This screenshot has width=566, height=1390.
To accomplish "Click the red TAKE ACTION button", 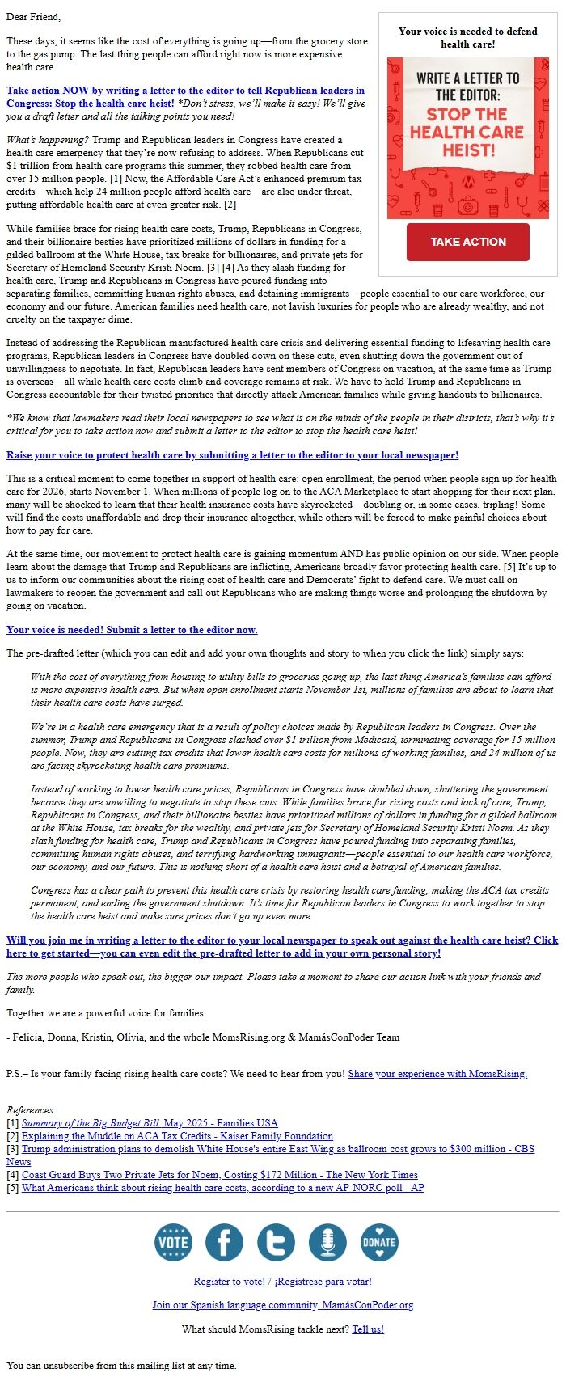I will click(x=467, y=242).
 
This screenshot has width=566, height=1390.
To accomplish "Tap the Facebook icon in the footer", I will click(x=224, y=1242).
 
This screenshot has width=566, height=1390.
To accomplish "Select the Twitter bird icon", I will click(x=276, y=1242).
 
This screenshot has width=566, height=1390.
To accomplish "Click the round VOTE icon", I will click(x=173, y=1242).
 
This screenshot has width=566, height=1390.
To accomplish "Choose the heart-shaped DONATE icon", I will click(x=379, y=1242).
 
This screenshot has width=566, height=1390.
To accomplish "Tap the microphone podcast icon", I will click(x=327, y=1242).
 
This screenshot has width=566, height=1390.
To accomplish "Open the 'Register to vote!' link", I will click(x=229, y=1282).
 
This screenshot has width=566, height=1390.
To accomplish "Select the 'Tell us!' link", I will click(x=368, y=1329).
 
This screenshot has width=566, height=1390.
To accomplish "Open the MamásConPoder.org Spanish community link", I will click(x=282, y=1304).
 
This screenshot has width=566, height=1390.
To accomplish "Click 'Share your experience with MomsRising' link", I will click(x=437, y=1074).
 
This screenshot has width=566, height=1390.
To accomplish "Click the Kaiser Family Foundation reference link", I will click(x=177, y=1135).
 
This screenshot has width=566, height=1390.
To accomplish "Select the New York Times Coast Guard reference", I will click(x=220, y=1174).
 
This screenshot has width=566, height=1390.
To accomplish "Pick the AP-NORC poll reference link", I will click(x=222, y=1187).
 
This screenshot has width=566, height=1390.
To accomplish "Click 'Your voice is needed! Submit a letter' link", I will click(x=132, y=629).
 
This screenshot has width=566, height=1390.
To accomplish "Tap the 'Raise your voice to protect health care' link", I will click(x=232, y=455).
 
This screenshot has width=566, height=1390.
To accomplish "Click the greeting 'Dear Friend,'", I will click(x=33, y=16).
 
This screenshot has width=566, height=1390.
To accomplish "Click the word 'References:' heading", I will click(x=32, y=1109).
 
